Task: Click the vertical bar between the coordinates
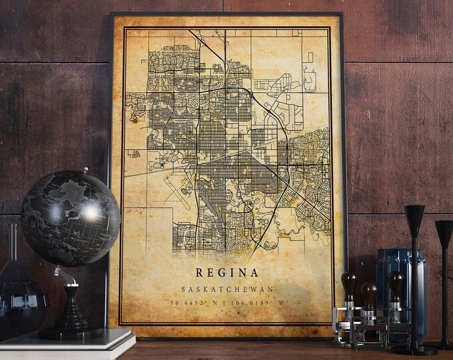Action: pyautogui.click(x=225, y=304)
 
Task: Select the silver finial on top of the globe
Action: pyautogui.click(x=85, y=171)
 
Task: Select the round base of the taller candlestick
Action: pyautogui.click(x=414, y=349)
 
